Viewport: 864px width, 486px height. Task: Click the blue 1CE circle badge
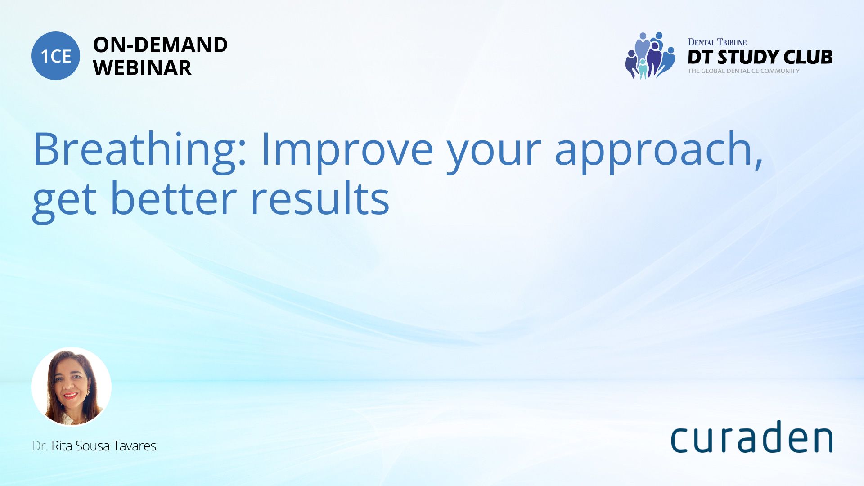click(56, 56)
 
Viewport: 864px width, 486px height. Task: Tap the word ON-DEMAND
click(160, 45)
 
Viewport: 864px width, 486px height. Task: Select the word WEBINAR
click(142, 68)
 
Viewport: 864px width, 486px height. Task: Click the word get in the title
click(64, 202)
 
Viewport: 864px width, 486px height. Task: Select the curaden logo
click(751, 436)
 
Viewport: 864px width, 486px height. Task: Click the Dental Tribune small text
click(717, 42)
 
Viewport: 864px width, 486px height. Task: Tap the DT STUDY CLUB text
click(760, 57)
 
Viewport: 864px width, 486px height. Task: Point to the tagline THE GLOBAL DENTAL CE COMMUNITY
click(743, 71)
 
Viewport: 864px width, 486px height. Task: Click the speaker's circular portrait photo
click(72, 387)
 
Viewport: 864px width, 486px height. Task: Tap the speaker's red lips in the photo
click(70, 396)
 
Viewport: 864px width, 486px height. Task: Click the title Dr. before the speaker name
click(40, 446)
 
